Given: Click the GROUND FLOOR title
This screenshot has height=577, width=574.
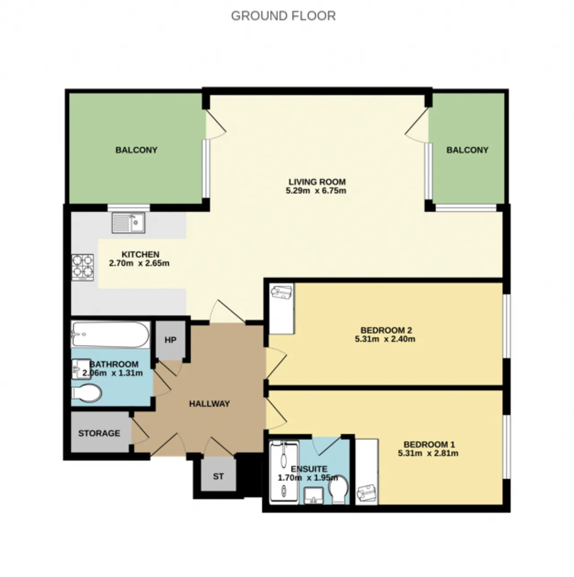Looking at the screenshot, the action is [283, 16].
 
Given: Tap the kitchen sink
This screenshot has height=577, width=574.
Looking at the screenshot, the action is [128, 223].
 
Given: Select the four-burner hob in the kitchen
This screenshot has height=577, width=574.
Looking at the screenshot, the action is [83, 267].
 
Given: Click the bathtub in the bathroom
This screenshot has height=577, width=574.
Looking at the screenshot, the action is [110, 335].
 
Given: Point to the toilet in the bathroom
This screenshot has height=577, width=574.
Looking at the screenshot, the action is [87, 393].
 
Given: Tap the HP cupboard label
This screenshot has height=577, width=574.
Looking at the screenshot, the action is [170, 340].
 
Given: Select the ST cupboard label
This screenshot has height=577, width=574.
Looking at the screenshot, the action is [218, 476].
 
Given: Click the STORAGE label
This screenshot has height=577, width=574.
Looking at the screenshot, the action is [99, 433].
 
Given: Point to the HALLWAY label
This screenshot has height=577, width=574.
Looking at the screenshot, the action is [209, 404].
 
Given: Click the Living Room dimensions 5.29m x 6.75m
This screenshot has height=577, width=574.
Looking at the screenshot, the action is [316, 191].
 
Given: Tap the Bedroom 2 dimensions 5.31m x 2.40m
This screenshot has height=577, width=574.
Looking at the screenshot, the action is [385, 339].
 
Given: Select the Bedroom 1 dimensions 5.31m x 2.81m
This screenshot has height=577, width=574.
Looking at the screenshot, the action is [428, 453].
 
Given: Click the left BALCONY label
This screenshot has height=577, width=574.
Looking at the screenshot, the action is [136, 150].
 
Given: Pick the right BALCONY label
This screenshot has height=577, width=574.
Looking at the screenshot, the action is [467, 150].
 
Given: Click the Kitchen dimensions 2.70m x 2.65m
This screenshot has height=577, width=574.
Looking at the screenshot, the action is [139, 263].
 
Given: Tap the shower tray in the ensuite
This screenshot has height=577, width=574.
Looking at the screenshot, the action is [284, 472].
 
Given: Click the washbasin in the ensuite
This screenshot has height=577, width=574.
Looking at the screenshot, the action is [313, 495].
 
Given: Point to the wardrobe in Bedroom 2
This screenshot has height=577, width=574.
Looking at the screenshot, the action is [282, 309].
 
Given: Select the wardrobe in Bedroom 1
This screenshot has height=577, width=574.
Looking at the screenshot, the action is [367, 472].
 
